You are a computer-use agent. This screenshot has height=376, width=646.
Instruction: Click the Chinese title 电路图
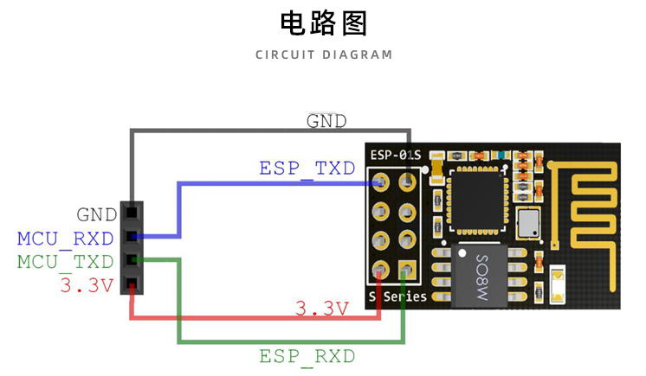click(x=324, y=22)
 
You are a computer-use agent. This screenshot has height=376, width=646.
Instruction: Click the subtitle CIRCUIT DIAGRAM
click(x=324, y=54)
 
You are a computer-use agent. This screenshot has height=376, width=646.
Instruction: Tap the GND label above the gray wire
click(x=326, y=121)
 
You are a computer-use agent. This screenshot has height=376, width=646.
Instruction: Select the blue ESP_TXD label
click(x=307, y=168)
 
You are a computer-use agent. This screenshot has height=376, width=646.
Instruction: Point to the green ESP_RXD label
click(x=307, y=355)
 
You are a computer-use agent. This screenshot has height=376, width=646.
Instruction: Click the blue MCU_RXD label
click(x=66, y=238)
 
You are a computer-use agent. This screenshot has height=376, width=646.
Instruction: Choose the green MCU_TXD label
click(x=66, y=261)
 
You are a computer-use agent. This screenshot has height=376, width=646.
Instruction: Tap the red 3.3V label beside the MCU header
click(x=87, y=285)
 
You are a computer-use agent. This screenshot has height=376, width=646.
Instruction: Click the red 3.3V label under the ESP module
click(x=321, y=308)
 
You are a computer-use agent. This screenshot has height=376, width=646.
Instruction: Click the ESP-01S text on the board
click(x=395, y=156)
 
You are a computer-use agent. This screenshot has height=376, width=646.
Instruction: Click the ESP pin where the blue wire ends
click(x=380, y=183)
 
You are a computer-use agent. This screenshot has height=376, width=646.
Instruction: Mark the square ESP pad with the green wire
click(x=404, y=271)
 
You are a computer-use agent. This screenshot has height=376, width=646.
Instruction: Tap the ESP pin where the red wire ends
click(x=380, y=272)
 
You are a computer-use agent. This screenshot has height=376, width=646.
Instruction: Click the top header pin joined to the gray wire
click(x=131, y=212)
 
